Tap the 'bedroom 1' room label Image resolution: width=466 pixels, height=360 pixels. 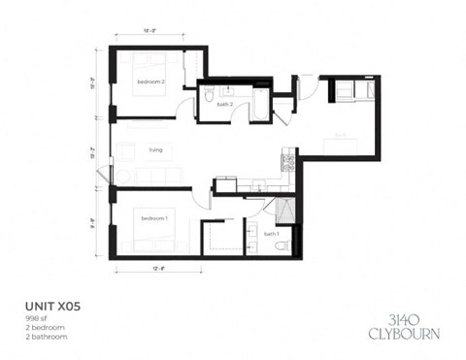click(153, 218)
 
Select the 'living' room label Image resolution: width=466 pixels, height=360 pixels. click(155, 150)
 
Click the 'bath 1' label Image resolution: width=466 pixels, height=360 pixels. click(272, 234)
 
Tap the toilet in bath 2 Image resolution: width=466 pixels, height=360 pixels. click(209, 97)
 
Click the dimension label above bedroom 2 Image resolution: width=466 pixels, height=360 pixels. click(152, 33)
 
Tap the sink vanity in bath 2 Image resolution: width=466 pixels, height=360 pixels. click(227, 91)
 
